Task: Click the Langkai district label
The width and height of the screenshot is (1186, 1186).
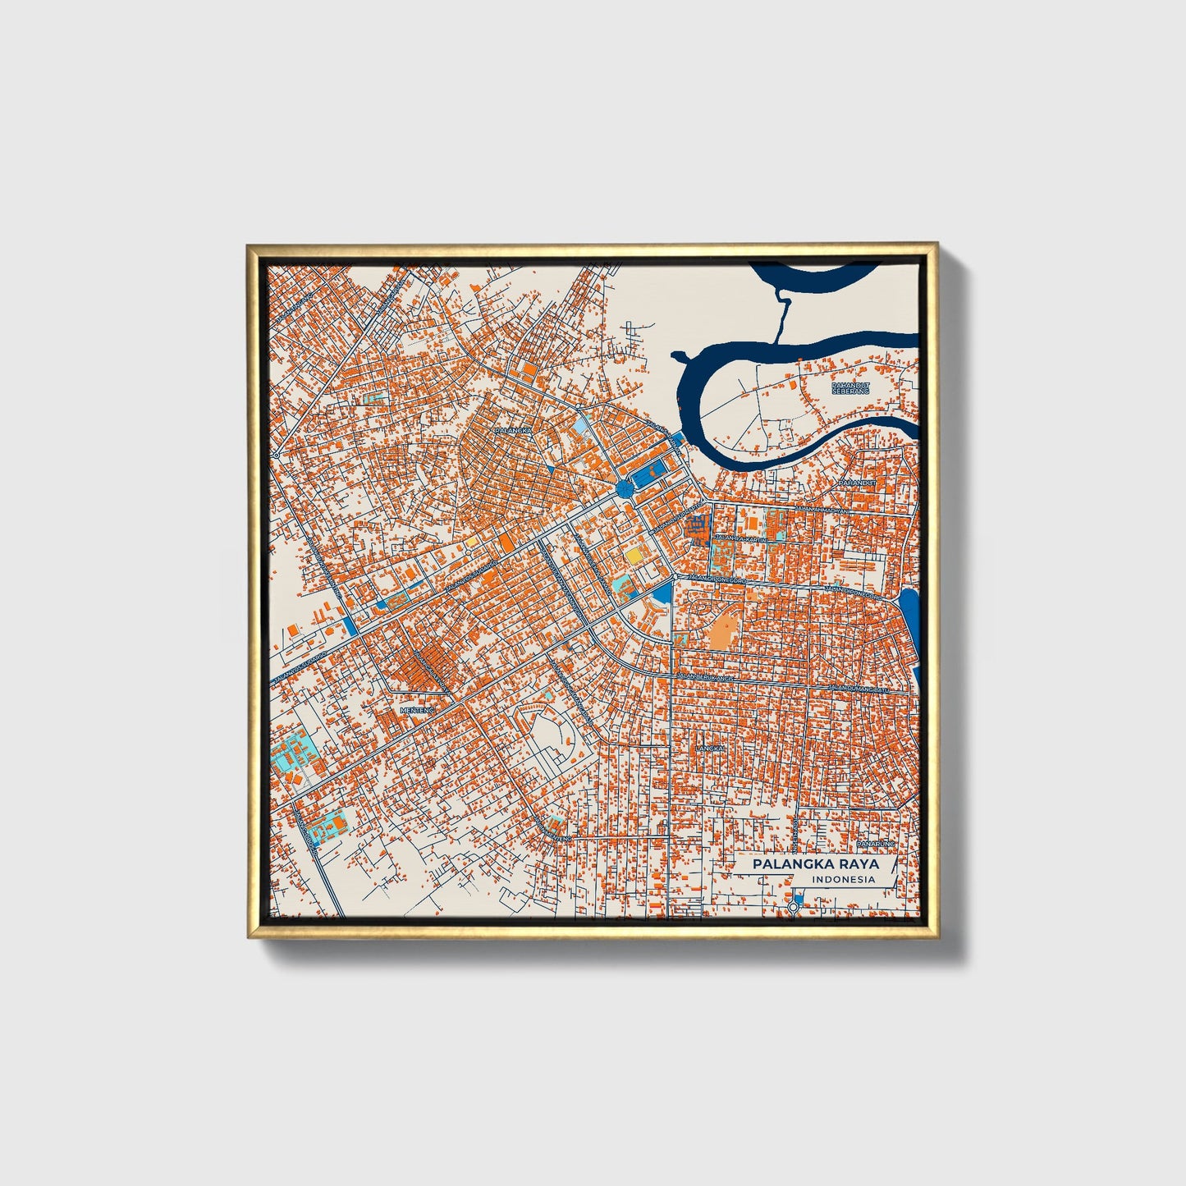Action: coord(708,749)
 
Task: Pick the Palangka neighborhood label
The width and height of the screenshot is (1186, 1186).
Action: coord(514,429)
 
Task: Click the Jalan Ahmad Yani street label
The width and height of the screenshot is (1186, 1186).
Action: coord(812,510)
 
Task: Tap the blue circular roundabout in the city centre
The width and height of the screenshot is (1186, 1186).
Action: coord(624,490)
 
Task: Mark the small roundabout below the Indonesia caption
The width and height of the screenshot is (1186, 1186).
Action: coord(793,906)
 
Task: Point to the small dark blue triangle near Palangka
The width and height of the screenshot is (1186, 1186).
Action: coord(548,466)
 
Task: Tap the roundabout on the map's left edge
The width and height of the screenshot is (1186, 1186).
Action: coord(277,452)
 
